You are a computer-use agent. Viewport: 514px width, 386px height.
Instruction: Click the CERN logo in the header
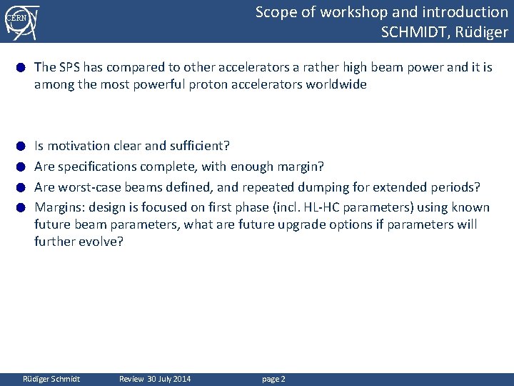[20, 21]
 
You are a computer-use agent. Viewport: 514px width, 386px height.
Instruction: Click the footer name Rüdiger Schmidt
[52, 379]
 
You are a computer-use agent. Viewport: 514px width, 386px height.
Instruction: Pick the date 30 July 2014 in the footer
[170, 379]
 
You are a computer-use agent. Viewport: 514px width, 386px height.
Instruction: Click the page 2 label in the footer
[273, 379]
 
